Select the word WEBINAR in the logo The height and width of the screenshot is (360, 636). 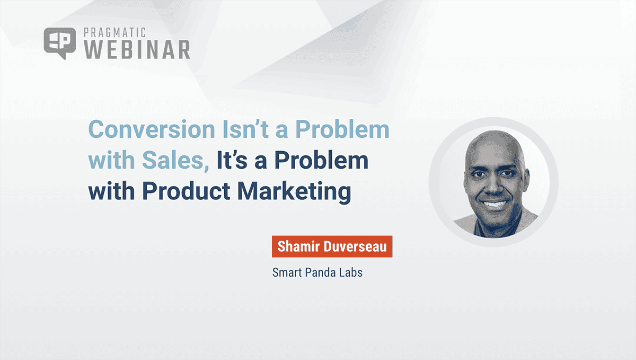137,49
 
